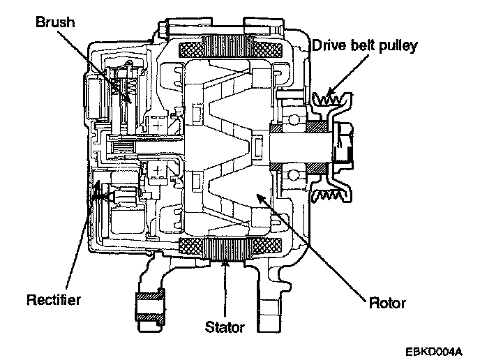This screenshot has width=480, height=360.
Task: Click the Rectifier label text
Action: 54,300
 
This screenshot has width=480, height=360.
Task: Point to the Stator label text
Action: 225,326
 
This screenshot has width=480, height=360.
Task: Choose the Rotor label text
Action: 388,303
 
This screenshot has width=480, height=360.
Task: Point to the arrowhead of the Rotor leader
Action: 260,196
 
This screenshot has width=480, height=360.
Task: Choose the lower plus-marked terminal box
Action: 158,171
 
